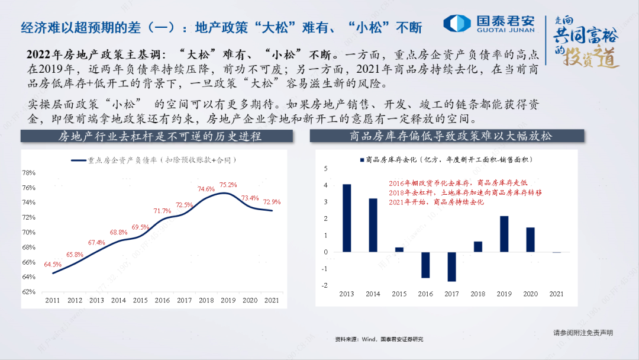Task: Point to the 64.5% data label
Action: point(53,264)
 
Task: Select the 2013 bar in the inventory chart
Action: point(347,218)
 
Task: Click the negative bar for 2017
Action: point(452,266)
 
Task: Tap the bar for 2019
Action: point(504,234)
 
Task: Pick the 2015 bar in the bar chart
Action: point(399,249)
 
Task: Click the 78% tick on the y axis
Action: point(28,173)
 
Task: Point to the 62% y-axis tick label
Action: point(28,292)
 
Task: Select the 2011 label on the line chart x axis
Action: point(53,300)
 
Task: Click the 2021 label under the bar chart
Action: point(556,294)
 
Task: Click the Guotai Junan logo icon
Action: point(457,23)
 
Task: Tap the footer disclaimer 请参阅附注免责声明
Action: point(583,333)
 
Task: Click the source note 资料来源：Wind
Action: point(379,339)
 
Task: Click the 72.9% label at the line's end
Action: point(272,202)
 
